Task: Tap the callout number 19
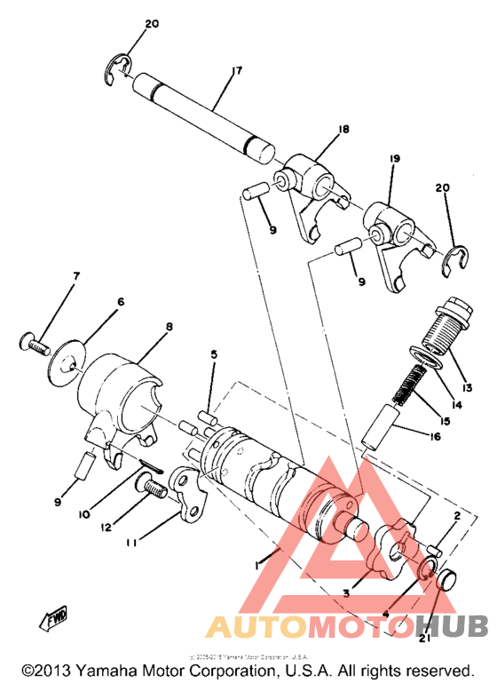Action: coord(394,159)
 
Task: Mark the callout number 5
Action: coord(214,354)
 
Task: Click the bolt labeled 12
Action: coord(150,488)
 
